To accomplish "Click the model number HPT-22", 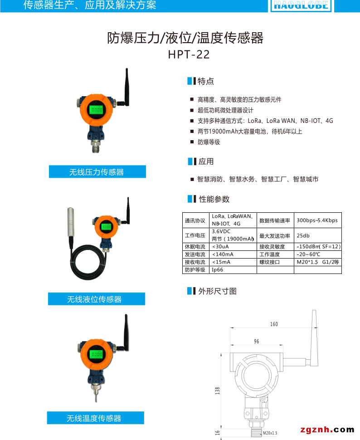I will tap(189, 54).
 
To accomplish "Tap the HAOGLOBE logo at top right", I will tap(301, 5).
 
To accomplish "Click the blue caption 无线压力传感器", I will tap(97, 172).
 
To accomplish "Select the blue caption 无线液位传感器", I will tap(96, 299).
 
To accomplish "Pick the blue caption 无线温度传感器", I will tap(95, 418).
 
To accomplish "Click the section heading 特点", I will tap(206, 82).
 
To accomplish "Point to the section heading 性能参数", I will tap(214, 199).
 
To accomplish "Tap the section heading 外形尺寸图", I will tap(217, 291).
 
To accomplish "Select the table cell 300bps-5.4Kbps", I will tap(317, 220).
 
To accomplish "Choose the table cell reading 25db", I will tap(303, 236).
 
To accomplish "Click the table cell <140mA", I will tap(223, 254).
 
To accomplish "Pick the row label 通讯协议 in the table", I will tap(195, 220).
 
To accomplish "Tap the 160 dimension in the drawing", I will tap(274, 324).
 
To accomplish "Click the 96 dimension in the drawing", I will tap(256, 341).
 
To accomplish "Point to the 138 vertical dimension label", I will tap(218, 390).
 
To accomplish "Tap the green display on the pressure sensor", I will tap(96, 110).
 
